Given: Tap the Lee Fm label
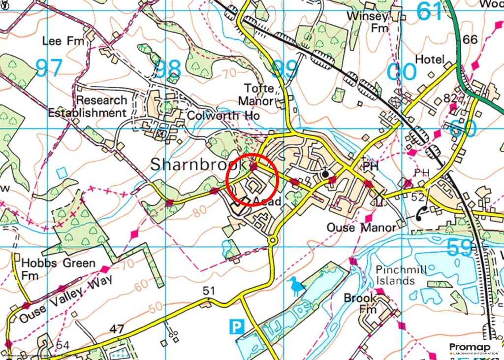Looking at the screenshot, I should [x=59, y=41].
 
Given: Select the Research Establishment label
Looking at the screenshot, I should [x=87, y=106].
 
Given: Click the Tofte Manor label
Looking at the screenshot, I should [x=256, y=95].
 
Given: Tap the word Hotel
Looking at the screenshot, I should [x=430, y=60].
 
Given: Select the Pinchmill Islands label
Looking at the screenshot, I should [x=395, y=275].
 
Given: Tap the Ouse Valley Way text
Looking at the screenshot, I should [x=66, y=299].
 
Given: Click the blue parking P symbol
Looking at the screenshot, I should [x=237, y=326].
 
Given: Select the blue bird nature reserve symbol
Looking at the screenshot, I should [x=297, y=287].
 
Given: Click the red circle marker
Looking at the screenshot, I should [x=252, y=181].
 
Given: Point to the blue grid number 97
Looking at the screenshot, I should [x=49, y=67].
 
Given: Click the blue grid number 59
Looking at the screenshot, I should [x=460, y=248].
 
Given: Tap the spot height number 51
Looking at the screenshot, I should [x=209, y=291].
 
